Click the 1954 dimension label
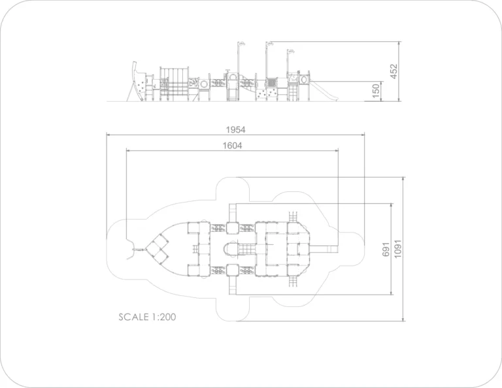235,129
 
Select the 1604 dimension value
233,146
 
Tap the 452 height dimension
393,71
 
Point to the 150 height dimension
376,91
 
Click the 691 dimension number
386,249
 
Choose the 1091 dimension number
397,249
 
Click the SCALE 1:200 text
147,317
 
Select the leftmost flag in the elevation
241,44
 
